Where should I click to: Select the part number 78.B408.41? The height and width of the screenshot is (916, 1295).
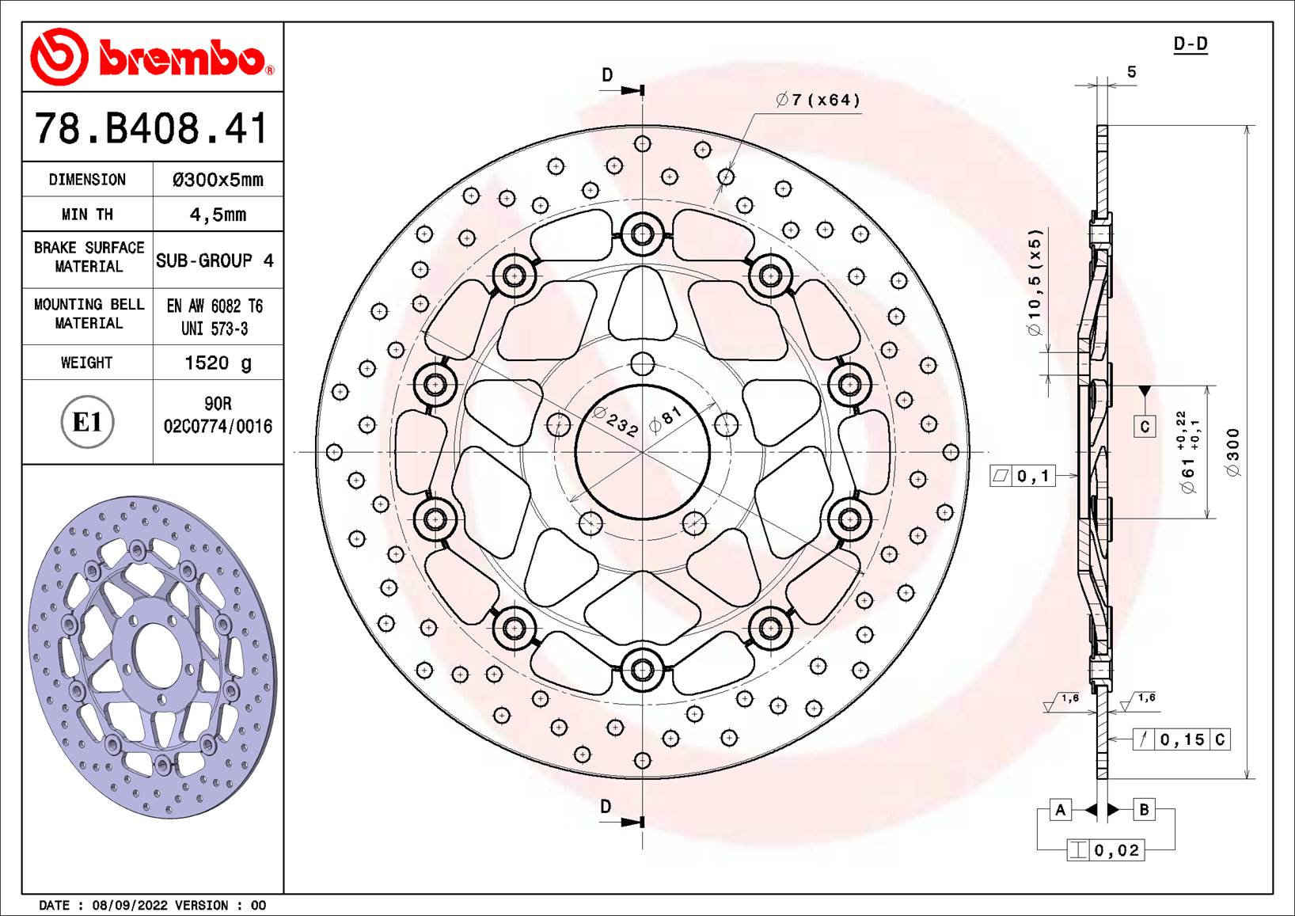151,129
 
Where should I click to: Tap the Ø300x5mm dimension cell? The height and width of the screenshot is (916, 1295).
218,180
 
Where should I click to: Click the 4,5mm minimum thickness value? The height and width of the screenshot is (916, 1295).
218,215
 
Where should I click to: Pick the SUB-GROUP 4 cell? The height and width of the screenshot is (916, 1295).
215,260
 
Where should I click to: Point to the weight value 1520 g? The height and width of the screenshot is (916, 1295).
218,363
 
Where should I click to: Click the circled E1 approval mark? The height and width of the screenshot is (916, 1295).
87,422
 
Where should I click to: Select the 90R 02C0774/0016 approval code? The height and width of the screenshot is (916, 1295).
218,416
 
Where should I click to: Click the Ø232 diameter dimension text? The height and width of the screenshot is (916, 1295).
616,422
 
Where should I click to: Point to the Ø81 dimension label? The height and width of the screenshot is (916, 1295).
665,419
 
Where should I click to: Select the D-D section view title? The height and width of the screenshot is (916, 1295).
1190,44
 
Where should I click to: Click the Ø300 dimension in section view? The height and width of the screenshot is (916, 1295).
1233,452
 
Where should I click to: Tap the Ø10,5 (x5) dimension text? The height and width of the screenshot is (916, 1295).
1035,283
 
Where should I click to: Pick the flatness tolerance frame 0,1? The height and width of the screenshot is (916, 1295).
1023,476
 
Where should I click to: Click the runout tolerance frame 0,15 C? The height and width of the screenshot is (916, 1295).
1181,739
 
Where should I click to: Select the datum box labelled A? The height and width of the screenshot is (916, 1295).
1060,810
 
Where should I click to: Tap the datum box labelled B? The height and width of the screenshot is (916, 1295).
1144,810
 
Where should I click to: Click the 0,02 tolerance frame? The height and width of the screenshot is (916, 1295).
1106,850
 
